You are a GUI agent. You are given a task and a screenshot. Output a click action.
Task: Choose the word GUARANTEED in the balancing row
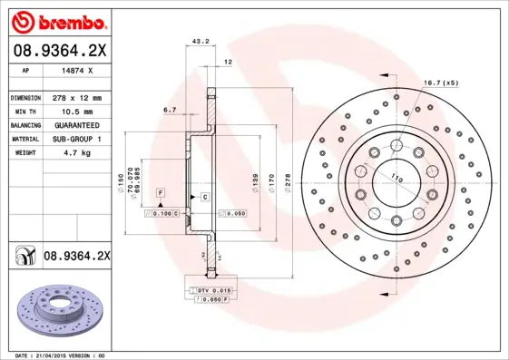tap(76, 124)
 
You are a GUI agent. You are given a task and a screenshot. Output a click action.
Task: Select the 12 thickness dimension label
tap(229, 61)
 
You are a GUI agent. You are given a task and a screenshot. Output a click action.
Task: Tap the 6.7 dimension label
tap(170, 110)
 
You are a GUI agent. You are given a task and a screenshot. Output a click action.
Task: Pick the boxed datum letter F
tap(160, 195)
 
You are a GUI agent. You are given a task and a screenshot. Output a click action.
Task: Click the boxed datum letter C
tap(206, 197)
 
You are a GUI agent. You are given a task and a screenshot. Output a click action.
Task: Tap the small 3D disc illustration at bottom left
tap(56, 308)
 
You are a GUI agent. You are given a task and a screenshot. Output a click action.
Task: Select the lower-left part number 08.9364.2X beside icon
tap(76, 257)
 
